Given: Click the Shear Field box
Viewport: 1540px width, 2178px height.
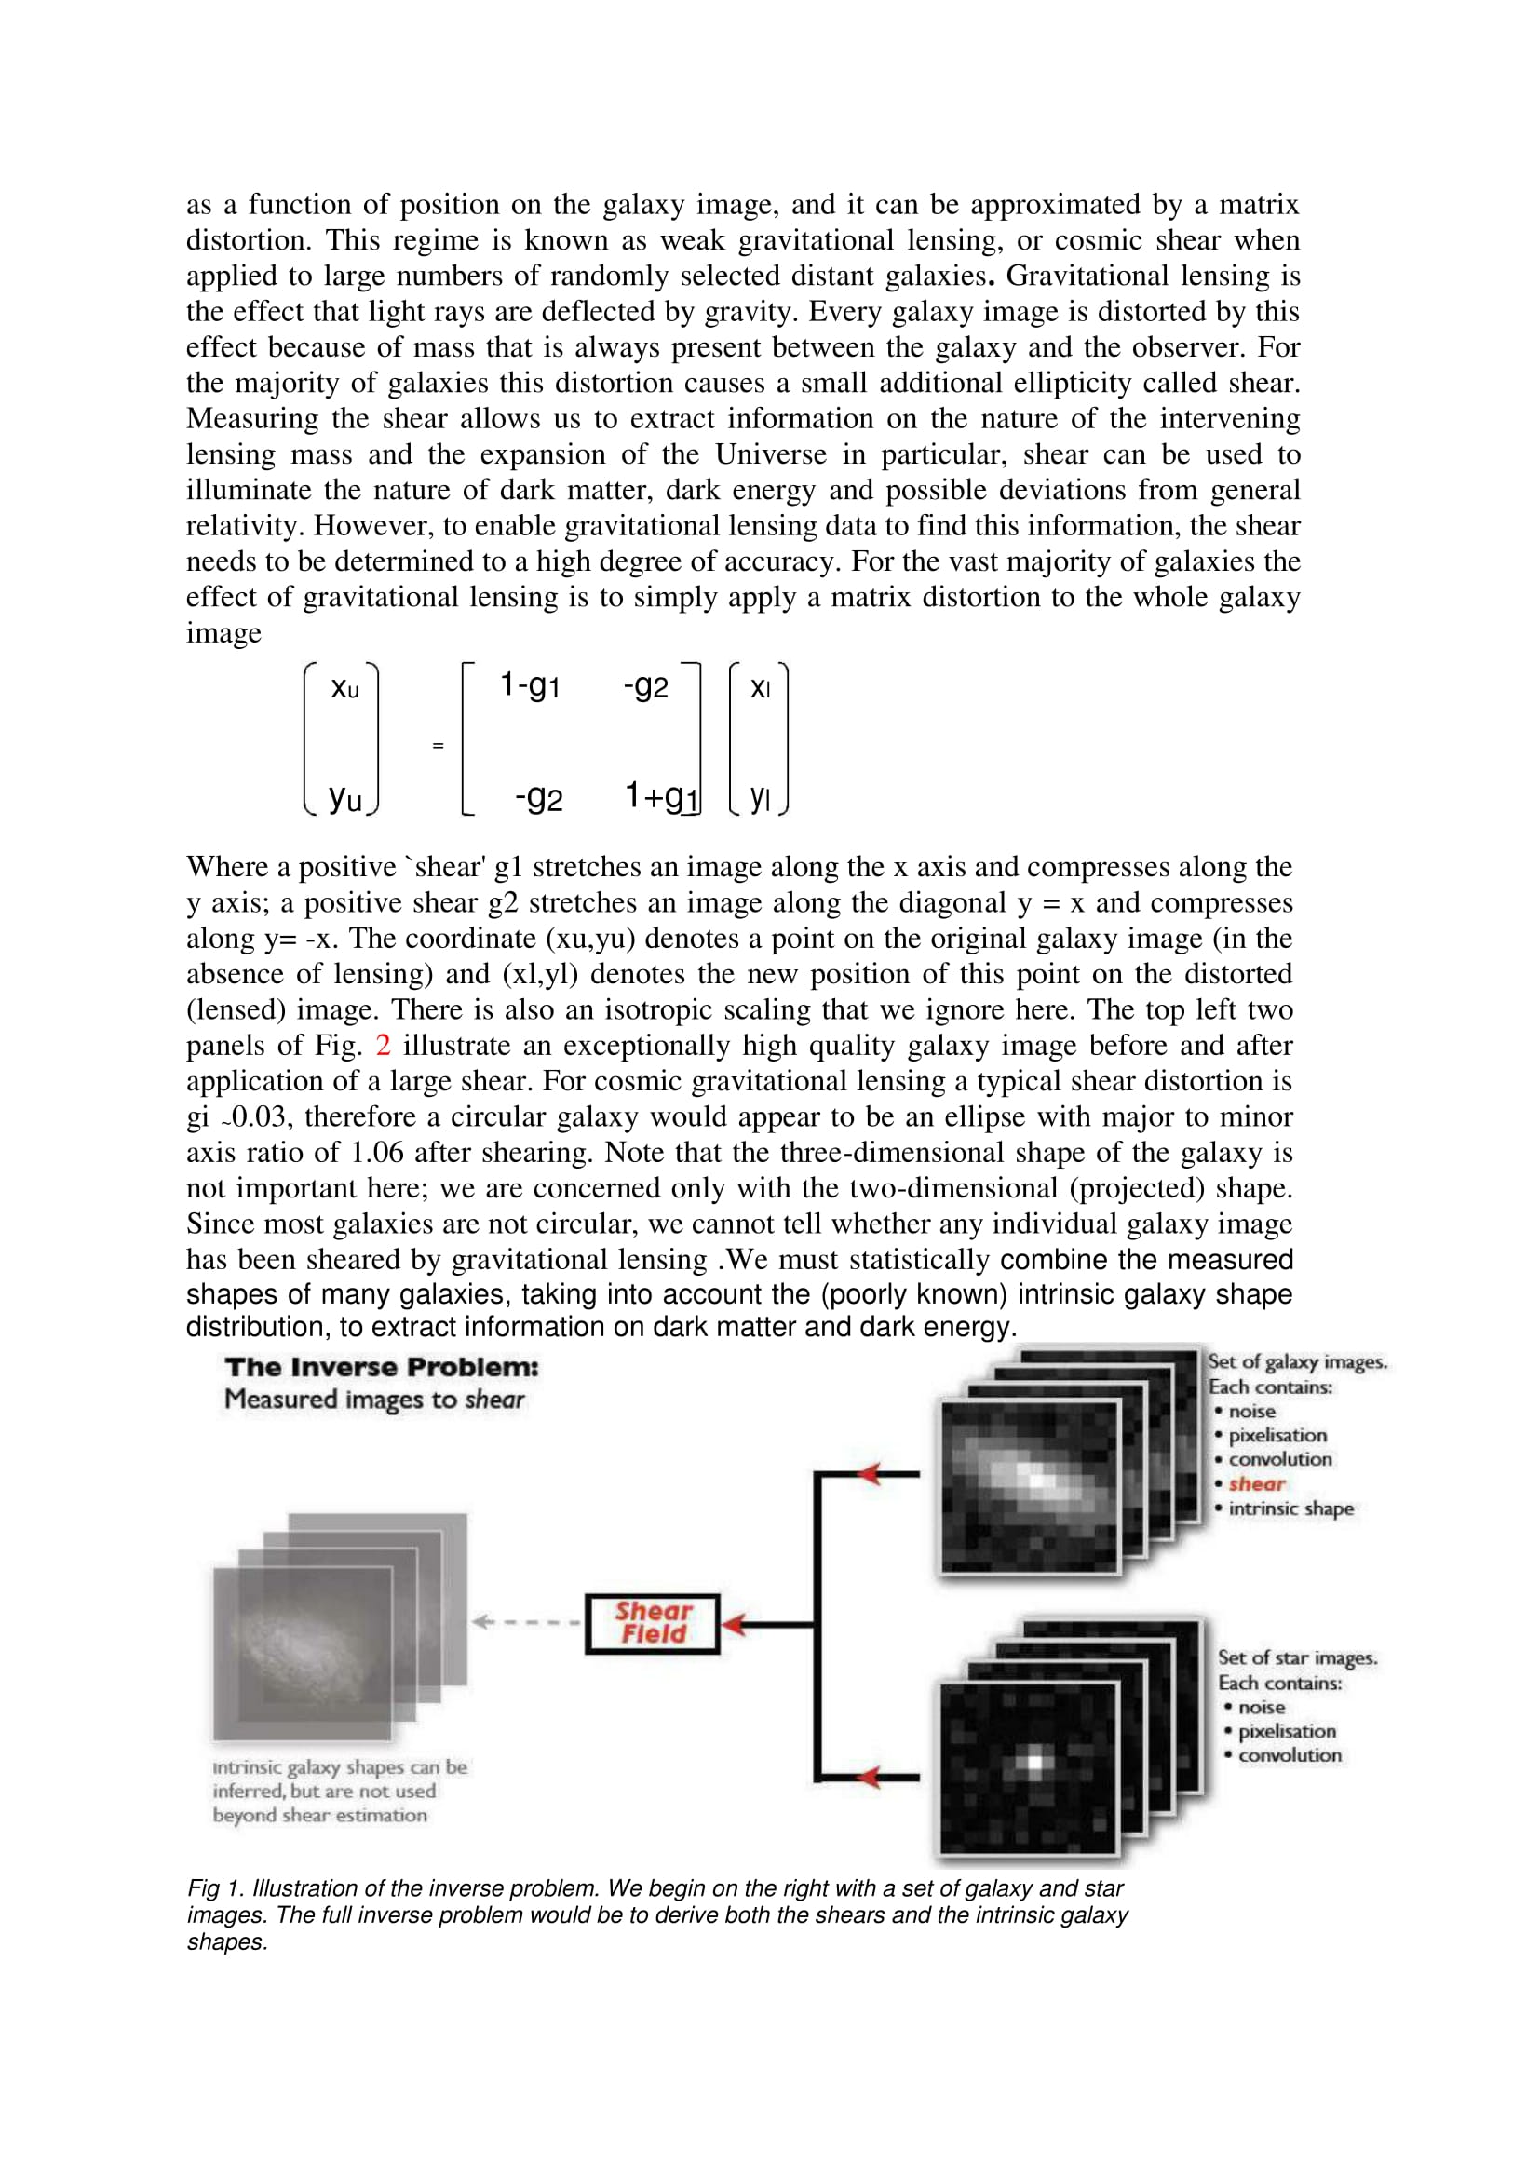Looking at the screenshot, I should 653,1623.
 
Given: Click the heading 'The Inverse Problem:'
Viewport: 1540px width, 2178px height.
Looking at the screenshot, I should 381,1367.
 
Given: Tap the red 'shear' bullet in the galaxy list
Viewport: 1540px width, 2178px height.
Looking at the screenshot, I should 1256,1483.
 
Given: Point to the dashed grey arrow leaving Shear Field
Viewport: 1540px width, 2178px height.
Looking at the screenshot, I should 526,1622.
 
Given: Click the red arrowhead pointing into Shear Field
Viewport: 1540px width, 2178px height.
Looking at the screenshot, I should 734,1624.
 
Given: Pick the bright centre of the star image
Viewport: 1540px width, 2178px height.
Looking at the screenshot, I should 1034,1763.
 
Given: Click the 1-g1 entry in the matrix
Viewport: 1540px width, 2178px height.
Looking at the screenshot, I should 530,685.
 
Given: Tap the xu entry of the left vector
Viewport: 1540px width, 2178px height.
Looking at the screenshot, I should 344,688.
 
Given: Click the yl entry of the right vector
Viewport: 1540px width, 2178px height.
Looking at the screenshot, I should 760,797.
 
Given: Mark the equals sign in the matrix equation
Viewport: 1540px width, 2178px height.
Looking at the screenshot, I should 439,746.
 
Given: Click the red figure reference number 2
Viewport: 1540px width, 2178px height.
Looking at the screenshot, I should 383,1046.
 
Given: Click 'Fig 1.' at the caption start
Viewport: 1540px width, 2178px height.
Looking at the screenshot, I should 215,1888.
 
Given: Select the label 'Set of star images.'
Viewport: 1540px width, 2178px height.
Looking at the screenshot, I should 1296,1657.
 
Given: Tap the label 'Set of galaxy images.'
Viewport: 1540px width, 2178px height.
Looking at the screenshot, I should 1296,1361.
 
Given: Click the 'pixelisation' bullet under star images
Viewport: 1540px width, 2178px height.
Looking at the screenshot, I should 1286,1731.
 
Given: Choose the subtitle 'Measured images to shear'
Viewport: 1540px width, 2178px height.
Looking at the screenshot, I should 373,1400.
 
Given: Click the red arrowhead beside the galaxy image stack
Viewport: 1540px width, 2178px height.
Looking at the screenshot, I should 871,1474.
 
